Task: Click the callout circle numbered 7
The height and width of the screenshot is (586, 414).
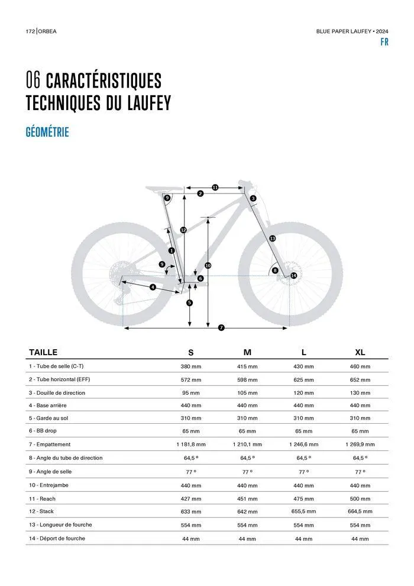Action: pos(221,327)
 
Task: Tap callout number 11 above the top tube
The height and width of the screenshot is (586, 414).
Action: pos(215,187)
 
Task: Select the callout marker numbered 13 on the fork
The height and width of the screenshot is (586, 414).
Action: pos(272,238)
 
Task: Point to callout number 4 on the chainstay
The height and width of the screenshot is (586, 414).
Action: pos(153,287)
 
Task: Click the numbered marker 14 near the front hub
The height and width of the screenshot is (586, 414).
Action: pos(293,275)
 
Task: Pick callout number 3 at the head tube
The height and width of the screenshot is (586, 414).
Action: pos(253,198)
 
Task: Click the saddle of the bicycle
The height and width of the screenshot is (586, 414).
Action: pos(160,189)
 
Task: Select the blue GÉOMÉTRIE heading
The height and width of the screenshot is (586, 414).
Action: pos(47,132)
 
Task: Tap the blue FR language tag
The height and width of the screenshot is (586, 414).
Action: pos(384,43)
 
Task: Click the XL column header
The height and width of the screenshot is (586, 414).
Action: pos(360,352)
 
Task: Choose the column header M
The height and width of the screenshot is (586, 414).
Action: pos(247,352)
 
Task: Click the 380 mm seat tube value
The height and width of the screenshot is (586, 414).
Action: pos(190,367)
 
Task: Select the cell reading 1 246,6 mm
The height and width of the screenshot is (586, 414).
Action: pos(303,444)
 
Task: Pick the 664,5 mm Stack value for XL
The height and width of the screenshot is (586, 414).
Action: pos(360,511)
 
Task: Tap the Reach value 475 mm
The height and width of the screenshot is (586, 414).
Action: pos(303,499)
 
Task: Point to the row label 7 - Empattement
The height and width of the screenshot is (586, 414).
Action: pos(50,444)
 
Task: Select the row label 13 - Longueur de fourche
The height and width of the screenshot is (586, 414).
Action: pos(60,524)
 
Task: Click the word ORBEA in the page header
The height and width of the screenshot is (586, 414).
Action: pos(48,31)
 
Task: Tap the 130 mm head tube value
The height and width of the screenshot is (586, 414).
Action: pos(360,393)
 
